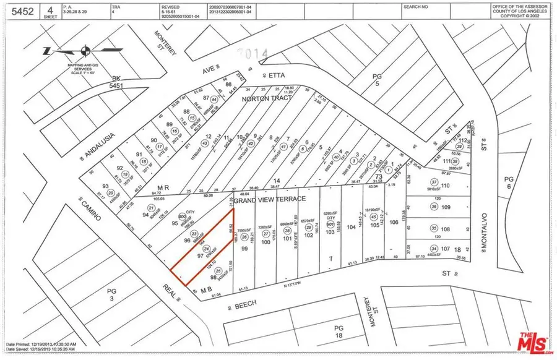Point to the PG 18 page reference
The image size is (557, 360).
(338, 331)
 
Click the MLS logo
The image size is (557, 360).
(530, 341)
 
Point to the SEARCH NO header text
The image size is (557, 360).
(415, 6)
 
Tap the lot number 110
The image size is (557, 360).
(444, 186)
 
